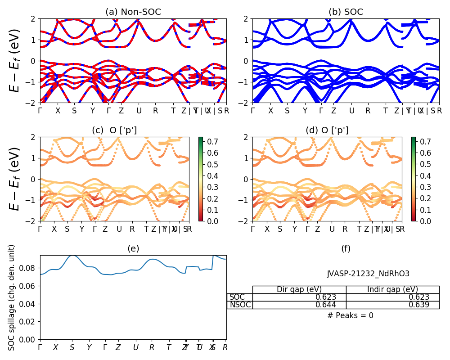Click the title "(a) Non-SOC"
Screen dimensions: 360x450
133,12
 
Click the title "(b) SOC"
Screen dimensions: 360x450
346,12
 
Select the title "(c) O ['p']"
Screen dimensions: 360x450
114,130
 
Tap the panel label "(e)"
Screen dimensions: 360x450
133,248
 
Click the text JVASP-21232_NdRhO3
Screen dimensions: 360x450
368,274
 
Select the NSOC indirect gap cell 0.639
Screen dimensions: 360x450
419,305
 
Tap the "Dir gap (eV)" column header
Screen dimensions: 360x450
299,289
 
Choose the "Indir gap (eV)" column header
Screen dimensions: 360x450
392,289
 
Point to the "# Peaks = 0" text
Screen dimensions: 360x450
350,315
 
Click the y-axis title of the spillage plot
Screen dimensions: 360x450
12,297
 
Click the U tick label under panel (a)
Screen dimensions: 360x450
139,111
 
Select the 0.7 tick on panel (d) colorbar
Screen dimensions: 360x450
426,141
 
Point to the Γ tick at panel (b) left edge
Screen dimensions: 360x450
252,111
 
